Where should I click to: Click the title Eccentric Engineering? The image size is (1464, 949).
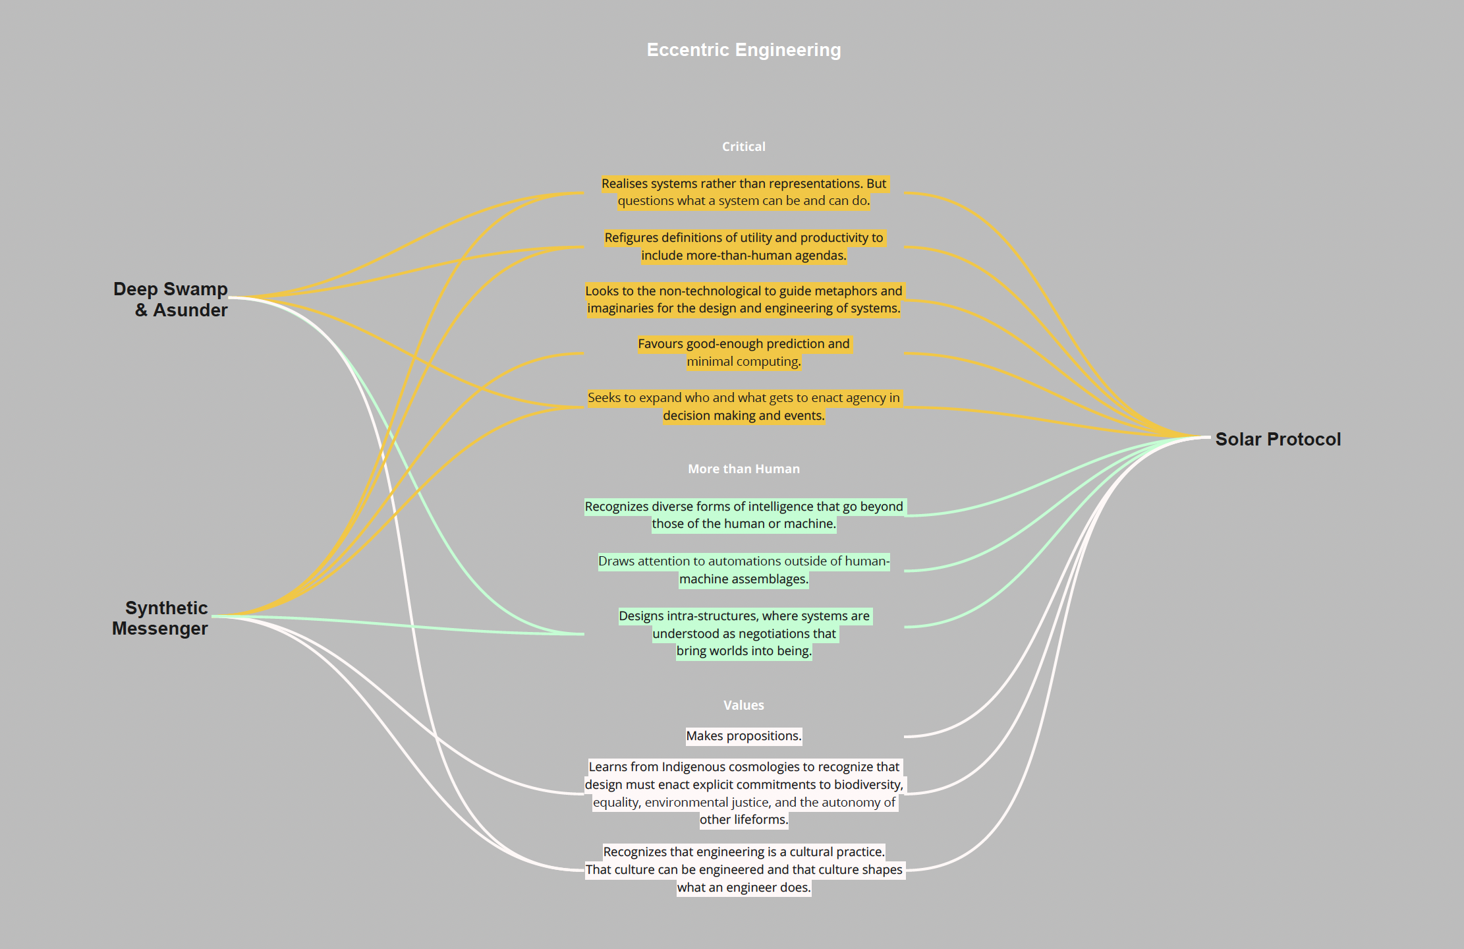click(x=743, y=50)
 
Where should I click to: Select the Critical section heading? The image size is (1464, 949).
click(x=743, y=146)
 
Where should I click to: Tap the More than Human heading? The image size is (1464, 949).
click(x=743, y=469)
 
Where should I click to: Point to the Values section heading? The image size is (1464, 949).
click(x=743, y=705)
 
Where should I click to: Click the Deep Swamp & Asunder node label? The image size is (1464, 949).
click(x=171, y=299)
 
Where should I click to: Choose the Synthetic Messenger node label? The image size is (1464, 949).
click(x=160, y=618)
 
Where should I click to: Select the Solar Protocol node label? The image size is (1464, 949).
click(x=1278, y=439)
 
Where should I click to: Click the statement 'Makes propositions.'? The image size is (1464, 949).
click(x=743, y=735)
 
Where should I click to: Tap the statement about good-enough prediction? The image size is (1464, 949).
click(x=743, y=353)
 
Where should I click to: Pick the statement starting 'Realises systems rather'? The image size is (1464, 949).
click(x=743, y=192)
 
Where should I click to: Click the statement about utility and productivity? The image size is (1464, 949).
click(x=743, y=246)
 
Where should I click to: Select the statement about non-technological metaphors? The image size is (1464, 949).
click(x=743, y=299)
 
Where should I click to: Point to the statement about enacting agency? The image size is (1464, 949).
click(x=743, y=407)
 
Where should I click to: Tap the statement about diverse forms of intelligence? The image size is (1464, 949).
click(x=743, y=515)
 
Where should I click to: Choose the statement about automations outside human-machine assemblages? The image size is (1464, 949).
click(x=743, y=570)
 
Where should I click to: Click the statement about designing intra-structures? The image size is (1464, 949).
click(x=743, y=633)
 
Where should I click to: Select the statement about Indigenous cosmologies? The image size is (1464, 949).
click(x=743, y=793)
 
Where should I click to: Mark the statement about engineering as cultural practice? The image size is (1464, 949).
click(x=743, y=869)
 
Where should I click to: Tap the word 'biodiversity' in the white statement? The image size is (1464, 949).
click(x=868, y=784)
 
